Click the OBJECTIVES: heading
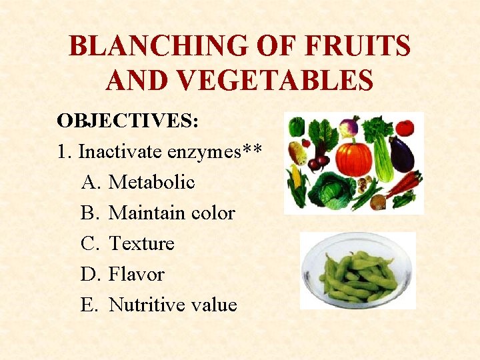coord(127,121)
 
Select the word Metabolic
coord(151,182)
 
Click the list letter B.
coord(89,213)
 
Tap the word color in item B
coord(213,213)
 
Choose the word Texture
coord(141,243)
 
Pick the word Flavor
coord(136,274)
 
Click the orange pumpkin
coord(353,157)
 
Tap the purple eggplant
coord(401,153)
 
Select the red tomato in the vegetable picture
coord(405,127)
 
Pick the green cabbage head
coord(333,191)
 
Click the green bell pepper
coord(297,127)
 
